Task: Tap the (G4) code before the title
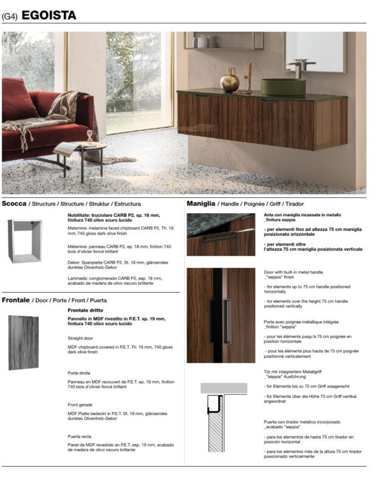[x=10, y=16]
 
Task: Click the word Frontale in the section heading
[x=17, y=300]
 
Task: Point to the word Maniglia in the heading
[x=201, y=204]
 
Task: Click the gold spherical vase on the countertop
[x=230, y=81]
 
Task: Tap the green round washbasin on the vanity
[x=283, y=86]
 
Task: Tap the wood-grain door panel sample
[x=24, y=343]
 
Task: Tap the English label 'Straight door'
[x=80, y=337]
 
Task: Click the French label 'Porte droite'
[x=79, y=372]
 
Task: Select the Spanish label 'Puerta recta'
[x=80, y=436]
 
